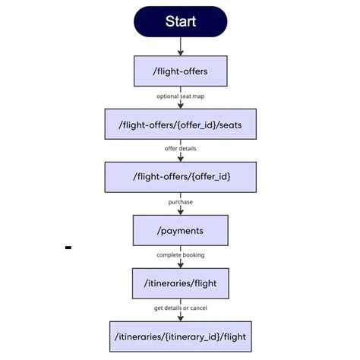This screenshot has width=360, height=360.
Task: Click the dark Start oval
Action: coord(180,21)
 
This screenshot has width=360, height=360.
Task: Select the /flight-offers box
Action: coord(180,71)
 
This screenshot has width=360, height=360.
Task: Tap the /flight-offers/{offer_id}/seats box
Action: coord(180,124)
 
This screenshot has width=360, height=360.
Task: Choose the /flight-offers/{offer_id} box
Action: coord(180,176)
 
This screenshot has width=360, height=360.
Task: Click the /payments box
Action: coord(180,229)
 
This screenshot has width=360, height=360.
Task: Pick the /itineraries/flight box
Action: coord(180,283)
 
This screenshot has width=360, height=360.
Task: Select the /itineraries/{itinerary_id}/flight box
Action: coord(180,335)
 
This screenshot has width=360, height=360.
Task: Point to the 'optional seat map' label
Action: coord(180,97)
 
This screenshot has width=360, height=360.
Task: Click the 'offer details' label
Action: coord(180,150)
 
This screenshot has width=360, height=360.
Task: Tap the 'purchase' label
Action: coord(180,202)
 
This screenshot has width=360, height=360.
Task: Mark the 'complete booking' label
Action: coord(180,255)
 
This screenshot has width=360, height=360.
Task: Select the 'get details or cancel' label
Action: coord(180,308)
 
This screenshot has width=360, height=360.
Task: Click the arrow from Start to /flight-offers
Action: coord(180,46)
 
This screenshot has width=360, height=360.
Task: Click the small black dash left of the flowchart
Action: coord(68,248)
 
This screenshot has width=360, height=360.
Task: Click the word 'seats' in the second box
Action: coord(234,124)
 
